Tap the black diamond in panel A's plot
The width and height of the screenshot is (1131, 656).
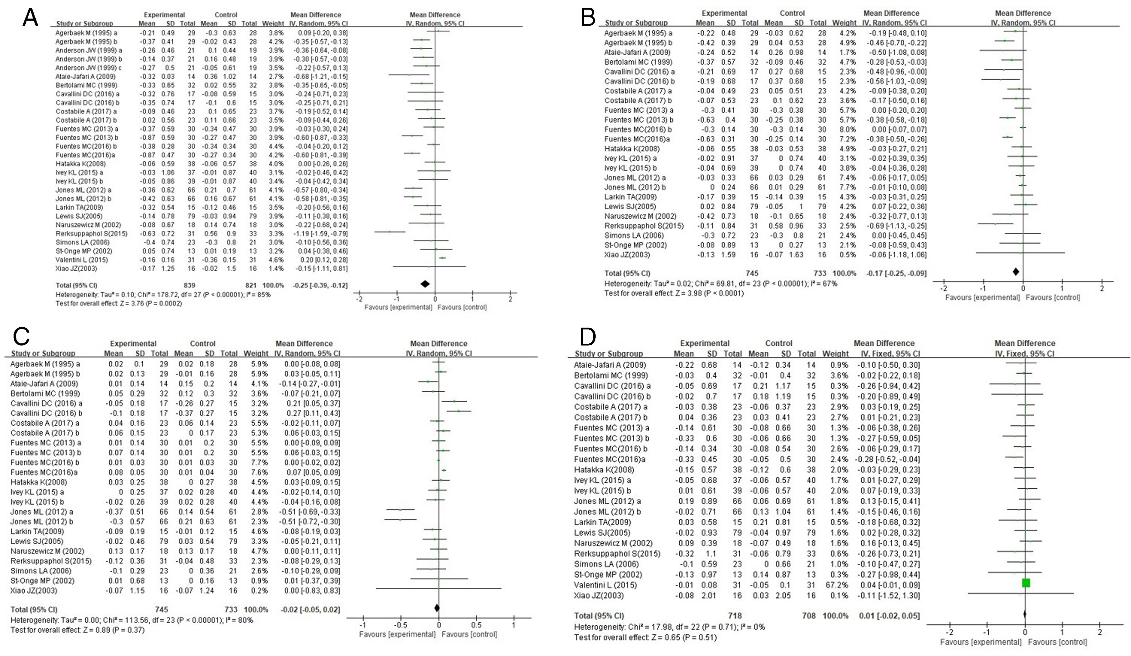424,284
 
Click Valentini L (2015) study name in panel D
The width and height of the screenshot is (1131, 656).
605,585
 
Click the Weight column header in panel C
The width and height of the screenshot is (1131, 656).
255,353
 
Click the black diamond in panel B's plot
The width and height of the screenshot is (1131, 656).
1016,272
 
